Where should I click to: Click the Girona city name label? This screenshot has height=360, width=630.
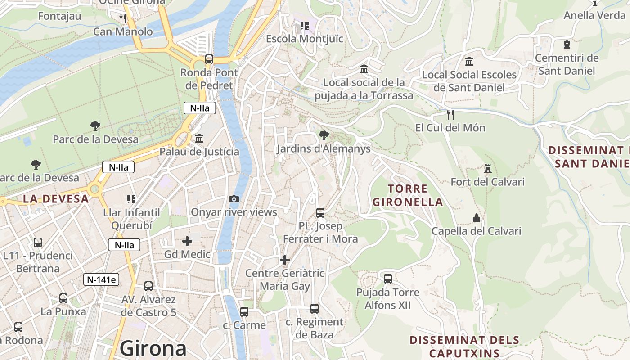153,348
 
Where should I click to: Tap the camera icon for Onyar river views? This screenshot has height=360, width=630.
234,199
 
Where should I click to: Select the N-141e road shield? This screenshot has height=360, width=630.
101,279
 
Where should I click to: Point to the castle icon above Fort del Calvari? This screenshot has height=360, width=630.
487,169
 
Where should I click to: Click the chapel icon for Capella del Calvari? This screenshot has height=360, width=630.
477,218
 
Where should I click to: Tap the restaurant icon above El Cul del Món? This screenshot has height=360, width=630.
450,115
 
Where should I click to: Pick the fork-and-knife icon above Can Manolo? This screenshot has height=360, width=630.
123,18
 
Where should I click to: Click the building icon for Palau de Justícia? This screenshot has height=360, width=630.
199,138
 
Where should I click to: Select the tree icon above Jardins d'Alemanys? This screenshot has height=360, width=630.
324,135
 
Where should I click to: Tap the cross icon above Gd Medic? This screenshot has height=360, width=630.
187,241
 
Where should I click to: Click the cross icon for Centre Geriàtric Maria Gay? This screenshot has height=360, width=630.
285,260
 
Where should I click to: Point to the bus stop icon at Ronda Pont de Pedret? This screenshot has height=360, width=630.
209,59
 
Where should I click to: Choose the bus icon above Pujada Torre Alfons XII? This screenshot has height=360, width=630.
388,279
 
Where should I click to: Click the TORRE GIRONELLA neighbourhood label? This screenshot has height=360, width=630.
408,195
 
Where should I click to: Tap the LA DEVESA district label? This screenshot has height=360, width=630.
56,198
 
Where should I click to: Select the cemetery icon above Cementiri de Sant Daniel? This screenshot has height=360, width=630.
567,45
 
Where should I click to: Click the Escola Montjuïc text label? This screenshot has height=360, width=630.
305,39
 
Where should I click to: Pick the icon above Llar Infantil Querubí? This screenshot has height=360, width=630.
131,199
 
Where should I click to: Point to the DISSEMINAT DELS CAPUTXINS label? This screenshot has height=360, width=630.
464,346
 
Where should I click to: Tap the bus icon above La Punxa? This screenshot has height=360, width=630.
63,298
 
